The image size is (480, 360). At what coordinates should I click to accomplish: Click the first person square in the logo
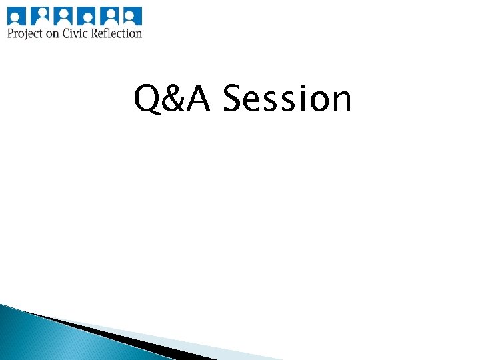[17, 15]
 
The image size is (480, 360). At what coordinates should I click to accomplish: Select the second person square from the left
[41, 15]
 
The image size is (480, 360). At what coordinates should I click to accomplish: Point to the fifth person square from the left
[110, 15]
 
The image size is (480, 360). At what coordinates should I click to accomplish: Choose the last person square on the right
[133, 15]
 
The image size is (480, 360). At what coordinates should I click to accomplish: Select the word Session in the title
[287, 99]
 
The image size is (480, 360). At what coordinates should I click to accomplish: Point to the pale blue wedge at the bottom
[200, 347]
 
